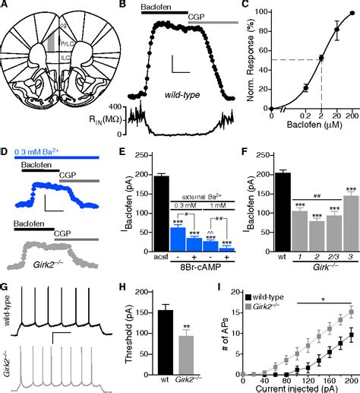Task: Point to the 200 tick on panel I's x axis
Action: tap(350, 379)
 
